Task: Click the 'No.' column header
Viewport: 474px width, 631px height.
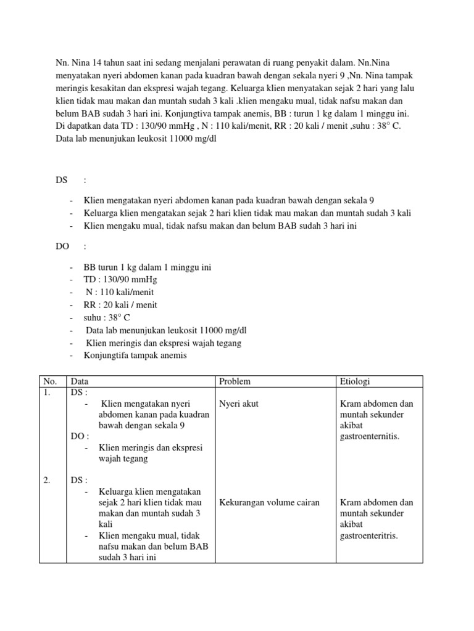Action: (x=48, y=381)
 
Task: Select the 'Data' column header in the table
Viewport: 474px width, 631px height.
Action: (x=80, y=381)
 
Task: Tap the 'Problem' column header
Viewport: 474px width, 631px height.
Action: (x=235, y=381)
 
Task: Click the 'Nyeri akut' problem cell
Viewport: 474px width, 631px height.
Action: (x=239, y=404)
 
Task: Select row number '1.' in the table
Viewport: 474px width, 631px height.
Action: (x=47, y=393)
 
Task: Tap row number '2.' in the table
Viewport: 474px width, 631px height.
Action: (x=47, y=481)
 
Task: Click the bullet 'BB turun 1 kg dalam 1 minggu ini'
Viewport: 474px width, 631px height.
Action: (x=148, y=268)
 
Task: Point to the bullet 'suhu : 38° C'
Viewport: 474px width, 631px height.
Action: (x=107, y=317)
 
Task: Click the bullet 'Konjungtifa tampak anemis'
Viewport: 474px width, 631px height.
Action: (x=135, y=356)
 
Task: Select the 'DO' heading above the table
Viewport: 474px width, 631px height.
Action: (x=62, y=246)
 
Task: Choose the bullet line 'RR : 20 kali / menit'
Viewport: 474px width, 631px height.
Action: (x=121, y=305)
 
